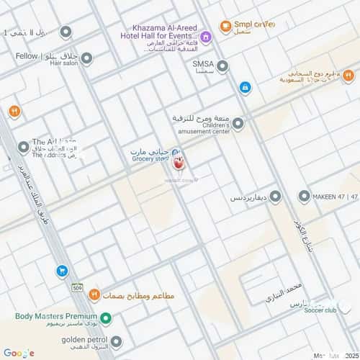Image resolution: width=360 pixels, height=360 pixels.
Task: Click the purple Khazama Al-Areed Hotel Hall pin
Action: tap(206, 37)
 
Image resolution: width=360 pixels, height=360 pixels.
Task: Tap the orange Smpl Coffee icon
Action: tap(225, 27)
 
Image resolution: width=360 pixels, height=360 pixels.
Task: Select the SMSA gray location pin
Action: tap(222, 66)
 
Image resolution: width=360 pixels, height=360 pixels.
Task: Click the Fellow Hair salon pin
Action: tap(86, 58)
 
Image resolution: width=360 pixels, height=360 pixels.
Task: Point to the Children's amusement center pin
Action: tap(238, 124)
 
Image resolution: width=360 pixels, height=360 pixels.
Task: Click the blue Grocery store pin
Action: tap(177, 153)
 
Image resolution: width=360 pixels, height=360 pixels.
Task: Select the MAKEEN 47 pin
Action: tap(304, 196)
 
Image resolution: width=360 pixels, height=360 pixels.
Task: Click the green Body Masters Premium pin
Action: tap(106, 318)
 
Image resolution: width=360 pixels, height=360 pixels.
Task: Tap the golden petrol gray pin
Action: tap(116, 341)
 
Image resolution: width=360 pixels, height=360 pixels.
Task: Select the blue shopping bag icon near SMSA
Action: tap(246, 87)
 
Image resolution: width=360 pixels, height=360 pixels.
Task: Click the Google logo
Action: tap(19, 352)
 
